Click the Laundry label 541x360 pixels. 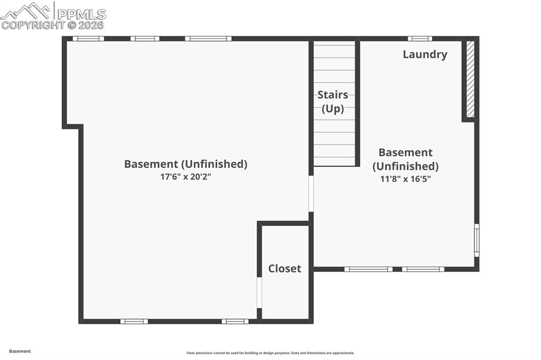tap(425, 54)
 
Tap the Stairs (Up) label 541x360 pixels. tap(333, 102)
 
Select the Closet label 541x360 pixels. tap(285, 269)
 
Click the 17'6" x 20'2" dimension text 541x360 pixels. tap(185, 177)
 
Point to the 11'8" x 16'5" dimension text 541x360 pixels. tap(405, 179)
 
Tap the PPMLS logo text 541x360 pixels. tap(80, 14)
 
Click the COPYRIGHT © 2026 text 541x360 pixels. tap(53, 25)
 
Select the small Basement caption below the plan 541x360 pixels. tap(20, 351)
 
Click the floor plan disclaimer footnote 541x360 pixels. tap(270, 353)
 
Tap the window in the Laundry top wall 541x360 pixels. tap(420, 39)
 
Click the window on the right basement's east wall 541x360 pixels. tap(477, 240)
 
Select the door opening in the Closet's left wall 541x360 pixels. tap(259, 292)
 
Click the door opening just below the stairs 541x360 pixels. tap(311, 193)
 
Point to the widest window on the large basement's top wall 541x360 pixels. tap(208, 39)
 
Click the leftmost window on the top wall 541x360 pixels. tap(88, 39)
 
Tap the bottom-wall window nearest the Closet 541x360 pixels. tap(235, 321)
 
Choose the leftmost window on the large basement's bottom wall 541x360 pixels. tap(134, 321)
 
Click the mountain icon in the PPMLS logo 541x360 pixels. tap(26, 10)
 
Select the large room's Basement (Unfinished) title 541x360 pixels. tap(185, 164)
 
